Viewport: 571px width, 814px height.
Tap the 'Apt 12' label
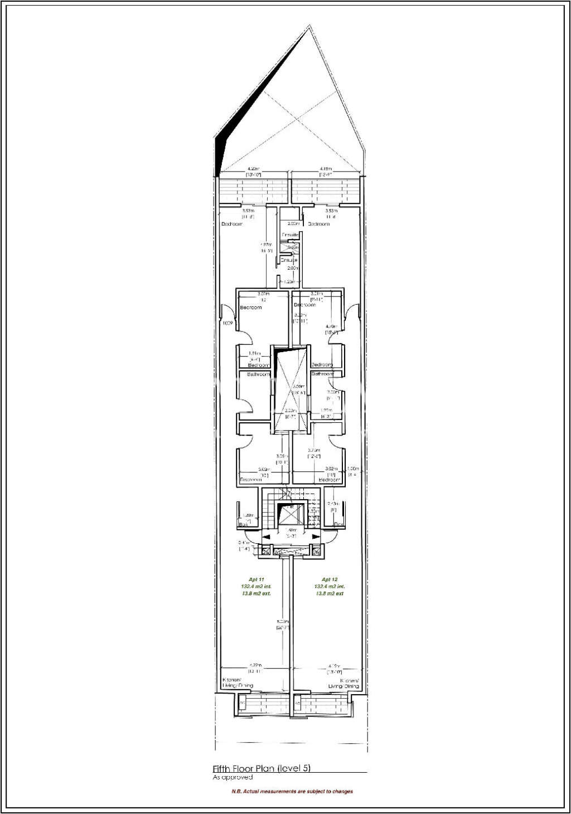[x=330, y=579]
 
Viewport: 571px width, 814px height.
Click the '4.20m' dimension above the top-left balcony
[x=254, y=169]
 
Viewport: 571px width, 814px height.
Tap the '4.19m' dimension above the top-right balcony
[x=326, y=169]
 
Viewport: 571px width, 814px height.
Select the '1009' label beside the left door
[x=227, y=323]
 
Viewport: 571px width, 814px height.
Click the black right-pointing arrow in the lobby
[x=316, y=537]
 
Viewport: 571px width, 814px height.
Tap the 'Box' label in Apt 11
[x=243, y=525]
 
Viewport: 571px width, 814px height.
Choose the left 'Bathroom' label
[x=258, y=375]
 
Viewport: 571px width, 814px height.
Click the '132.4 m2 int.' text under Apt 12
[x=330, y=587]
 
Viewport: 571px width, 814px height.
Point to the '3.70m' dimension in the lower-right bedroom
[x=313, y=450]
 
